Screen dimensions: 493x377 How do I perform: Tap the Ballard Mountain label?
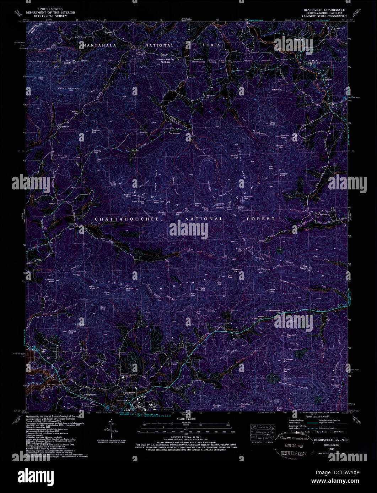pos(69,88)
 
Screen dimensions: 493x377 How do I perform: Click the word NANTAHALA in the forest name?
pos(98,45)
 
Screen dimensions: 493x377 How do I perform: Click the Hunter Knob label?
pos(273,123)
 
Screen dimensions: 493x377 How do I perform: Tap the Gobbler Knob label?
pos(285,175)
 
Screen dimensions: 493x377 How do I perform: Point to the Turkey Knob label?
pos(114,184)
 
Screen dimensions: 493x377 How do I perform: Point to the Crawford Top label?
pos(291,336)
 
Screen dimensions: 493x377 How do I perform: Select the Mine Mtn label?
pos(273,290)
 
